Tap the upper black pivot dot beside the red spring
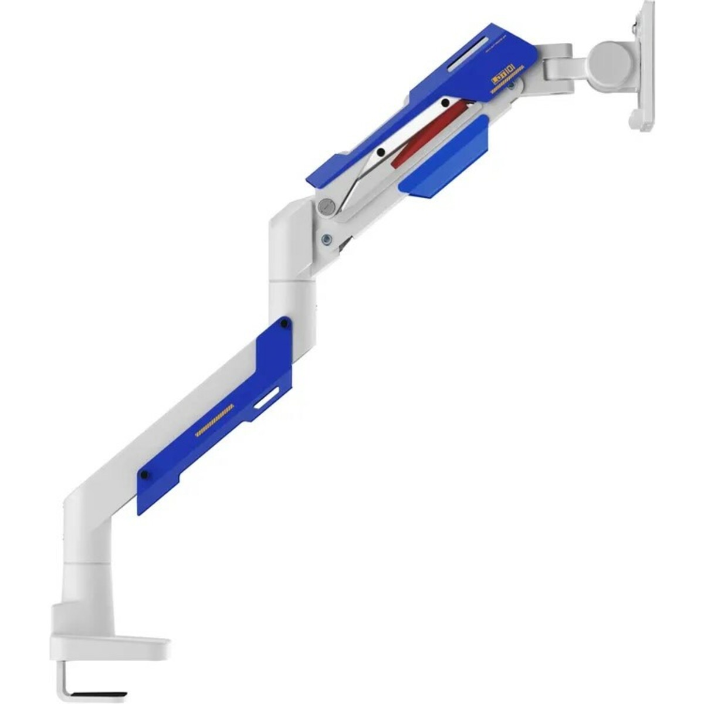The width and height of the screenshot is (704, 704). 445,103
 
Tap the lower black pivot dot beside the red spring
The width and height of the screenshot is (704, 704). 381,153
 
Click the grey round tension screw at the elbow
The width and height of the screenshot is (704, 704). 326,206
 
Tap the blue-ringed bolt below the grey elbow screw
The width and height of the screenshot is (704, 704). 326,239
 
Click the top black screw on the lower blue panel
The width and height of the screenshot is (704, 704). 285,323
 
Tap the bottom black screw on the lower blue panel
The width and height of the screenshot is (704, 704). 144,475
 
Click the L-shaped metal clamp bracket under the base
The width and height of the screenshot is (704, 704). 65,681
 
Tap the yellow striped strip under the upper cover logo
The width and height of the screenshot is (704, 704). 502,89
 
